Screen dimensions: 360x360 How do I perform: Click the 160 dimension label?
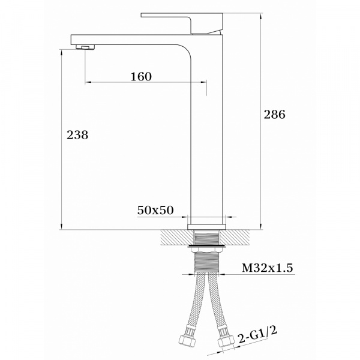[141, 77]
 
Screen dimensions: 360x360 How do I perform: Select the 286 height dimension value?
[274, 115]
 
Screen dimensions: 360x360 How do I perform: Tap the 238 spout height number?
[77, 135]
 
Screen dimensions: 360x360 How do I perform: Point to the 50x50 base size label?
[155, 210]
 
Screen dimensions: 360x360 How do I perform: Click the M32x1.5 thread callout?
[268, 268]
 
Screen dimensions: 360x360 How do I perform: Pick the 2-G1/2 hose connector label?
[257, 335]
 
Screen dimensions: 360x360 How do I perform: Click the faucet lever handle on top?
[182, 23]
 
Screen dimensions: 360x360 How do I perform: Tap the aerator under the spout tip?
[85, 47]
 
